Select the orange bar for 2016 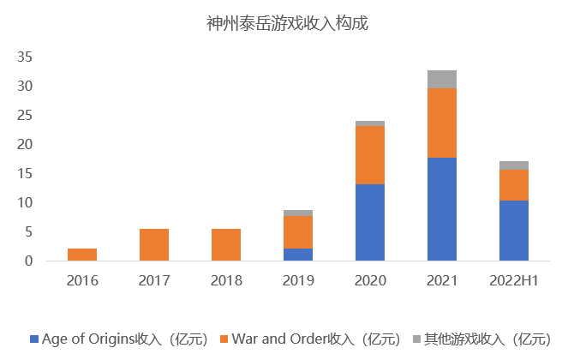pyautogui.click(x=82, y=255)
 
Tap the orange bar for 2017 pyautogui.click(x=154, y=244)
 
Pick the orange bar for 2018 pyautogui.click(x=226, y=244)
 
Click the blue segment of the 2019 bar pyautogui.click(x=298, y=255)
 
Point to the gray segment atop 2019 pyautogui.click(x=298, y=213)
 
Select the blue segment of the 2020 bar pyautogui.click(x=370, y=223)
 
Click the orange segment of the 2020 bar pyautogui.click(x=370, y=155)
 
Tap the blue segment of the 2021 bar pyautogui.click(x=442, y=209)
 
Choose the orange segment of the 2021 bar pyautogui.click(x=442, y=123)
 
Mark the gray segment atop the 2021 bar pyautogui.click(x=442, y=79)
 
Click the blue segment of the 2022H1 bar pyautogui.click(x=514, y=231)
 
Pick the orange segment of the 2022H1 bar pyautogui.click(x=514, y=184)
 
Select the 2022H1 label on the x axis pyautogui.click(x=514, y=281)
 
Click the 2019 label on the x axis pyautogui.click(x=298, y=281)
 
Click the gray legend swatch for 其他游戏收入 pyautogui.click(x=419, y=339)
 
